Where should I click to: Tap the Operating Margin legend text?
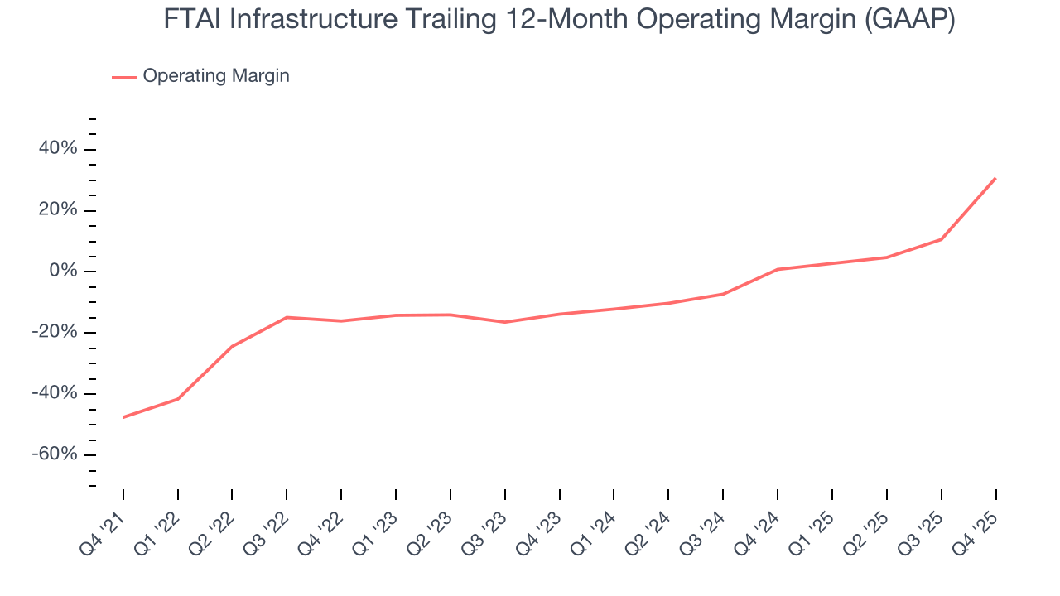pos(216,76)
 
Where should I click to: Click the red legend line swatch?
pos(124,77)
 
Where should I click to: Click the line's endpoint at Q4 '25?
pos(995,178)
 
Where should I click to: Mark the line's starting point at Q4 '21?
pos(123,417)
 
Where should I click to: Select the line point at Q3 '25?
pos(941,239)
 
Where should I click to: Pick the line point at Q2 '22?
pos(232,346)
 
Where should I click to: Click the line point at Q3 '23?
pos(504,322)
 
